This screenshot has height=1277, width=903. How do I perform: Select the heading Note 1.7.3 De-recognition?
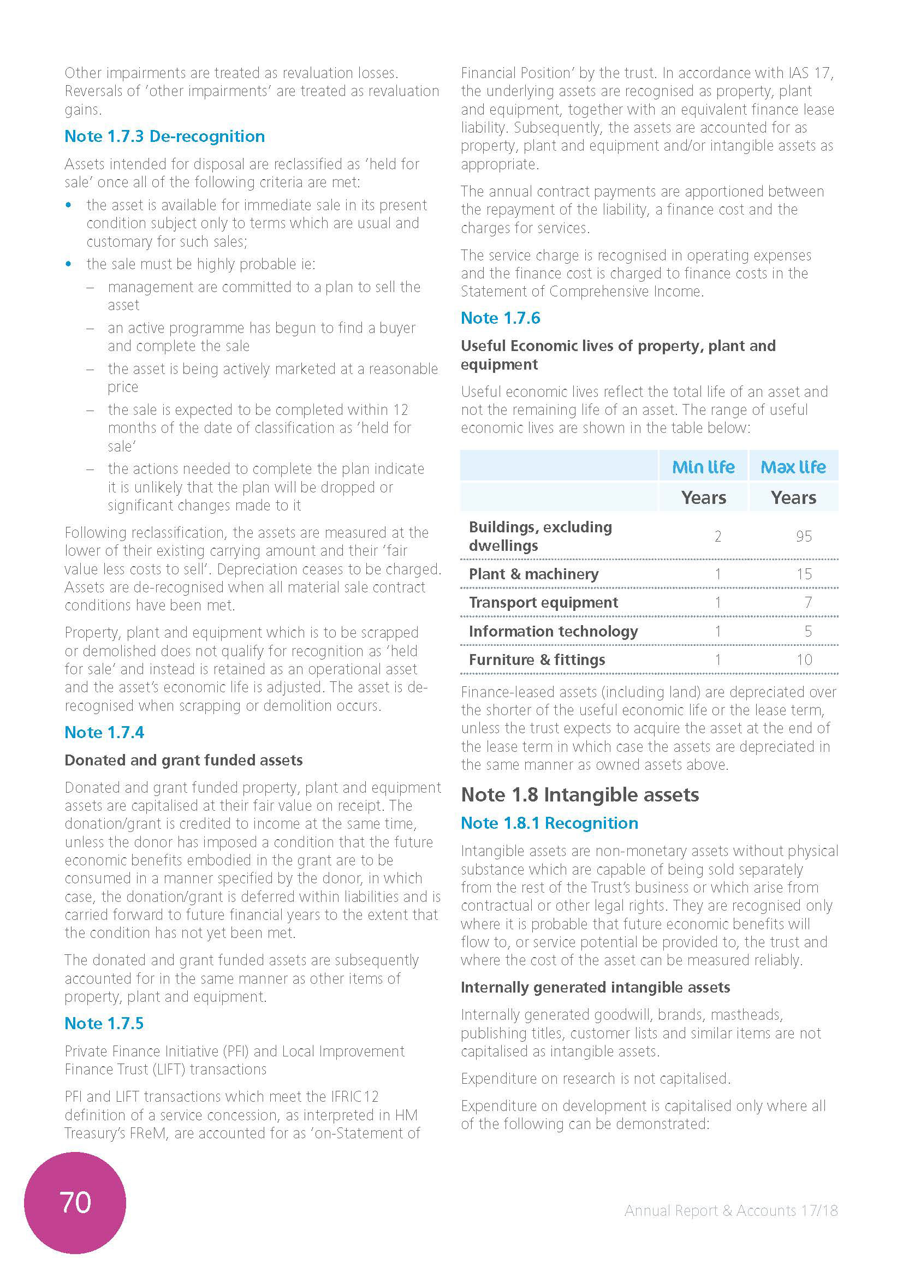click(164, 136)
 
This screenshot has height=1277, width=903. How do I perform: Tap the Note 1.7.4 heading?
click(104, 733)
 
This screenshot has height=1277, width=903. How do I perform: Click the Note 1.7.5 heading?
click(104, 1023)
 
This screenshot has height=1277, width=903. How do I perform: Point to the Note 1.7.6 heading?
click(501, 318)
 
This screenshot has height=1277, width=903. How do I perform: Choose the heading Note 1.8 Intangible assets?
click(580, 795)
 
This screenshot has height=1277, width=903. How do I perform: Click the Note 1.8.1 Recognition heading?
click(549, 823)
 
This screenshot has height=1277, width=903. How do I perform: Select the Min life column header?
click(703, 467)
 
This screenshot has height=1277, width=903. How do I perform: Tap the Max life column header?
click(793, 467)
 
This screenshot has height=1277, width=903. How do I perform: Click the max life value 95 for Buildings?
click(804, 537)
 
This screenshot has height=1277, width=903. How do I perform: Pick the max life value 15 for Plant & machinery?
click(804, 574)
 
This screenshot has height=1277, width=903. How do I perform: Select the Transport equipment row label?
click(543, 603)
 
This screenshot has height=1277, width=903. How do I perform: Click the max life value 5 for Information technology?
click(808, 632)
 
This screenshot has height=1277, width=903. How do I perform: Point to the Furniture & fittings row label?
click(537, 660)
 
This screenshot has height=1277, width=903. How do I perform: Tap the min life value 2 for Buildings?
click(718, 537)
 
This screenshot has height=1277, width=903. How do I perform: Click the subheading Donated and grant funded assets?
click(183, 761)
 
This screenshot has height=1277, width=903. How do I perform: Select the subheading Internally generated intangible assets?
click(595, 987)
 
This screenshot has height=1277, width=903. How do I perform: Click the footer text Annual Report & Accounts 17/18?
click(730, 1211)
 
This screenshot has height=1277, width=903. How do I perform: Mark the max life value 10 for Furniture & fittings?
click(804, 660)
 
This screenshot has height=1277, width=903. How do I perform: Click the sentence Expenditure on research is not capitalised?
click(596, 1078)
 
